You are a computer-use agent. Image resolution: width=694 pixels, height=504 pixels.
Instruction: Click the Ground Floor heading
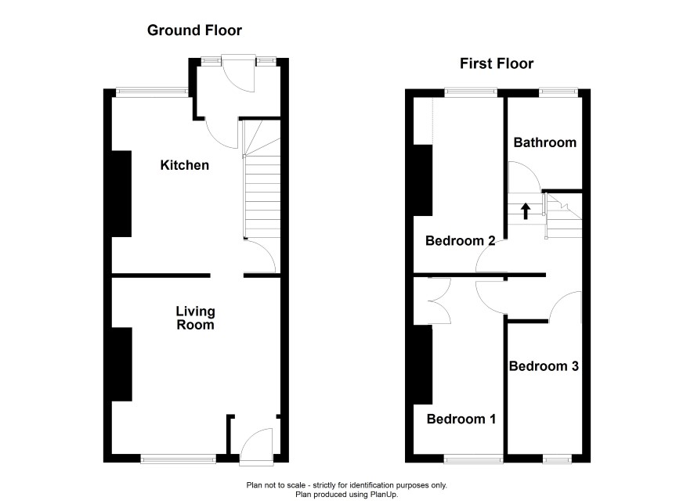tap(194, 30)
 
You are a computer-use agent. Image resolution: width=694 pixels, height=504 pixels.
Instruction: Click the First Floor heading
tap(496, 63)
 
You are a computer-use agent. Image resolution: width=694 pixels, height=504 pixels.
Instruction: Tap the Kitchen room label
tap(185, 165)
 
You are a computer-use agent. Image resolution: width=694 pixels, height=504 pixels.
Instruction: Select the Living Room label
tap(195, 318)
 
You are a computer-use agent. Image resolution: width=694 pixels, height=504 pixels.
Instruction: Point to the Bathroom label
tap(545, 142)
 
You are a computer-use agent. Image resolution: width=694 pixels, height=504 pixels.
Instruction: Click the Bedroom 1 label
tap(461, 419)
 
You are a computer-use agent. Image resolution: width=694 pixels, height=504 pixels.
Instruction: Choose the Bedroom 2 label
tap(461, 240)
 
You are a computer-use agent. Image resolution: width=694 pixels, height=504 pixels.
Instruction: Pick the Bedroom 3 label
tap(544, 366)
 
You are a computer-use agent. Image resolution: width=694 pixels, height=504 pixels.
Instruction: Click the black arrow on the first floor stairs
tap(526, 211)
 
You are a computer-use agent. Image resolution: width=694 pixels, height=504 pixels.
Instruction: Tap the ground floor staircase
tap(262, 179)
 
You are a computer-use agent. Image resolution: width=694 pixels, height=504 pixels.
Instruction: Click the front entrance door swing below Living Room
tap(257, 445)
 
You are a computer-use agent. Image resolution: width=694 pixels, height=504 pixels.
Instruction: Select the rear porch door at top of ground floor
tap(238, 74)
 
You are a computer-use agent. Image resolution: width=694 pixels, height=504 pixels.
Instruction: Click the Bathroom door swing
tap(524, 177)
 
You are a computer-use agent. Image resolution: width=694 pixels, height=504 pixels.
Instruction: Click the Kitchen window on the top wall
tap(151, 92)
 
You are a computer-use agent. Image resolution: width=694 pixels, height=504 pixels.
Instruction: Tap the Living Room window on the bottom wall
tap(179, 460)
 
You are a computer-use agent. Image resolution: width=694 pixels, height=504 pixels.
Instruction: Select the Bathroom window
tap(558, 92)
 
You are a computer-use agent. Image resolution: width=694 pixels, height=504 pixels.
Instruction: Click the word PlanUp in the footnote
tap(384, 495)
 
